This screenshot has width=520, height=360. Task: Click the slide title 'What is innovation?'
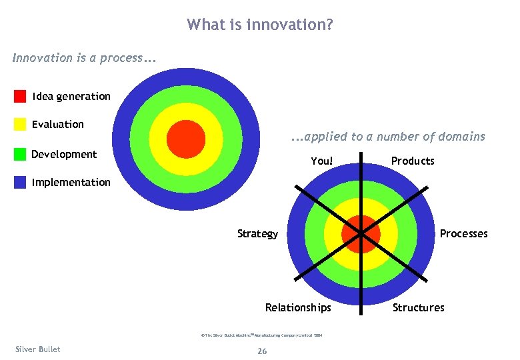(x=260, y=25)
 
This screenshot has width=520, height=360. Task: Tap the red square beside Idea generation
(x=20, y=96)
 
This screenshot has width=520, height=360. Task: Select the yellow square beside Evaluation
(x=20, y=125)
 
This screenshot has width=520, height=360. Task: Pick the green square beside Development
(x=20, y=155)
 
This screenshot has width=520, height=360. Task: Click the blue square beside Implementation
(x=20, y=182)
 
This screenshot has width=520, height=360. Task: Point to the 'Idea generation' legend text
(x=71, y=96)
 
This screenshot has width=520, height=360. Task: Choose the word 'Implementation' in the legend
(x=71, y=182)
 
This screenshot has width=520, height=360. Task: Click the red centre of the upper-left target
(x=185, y=139)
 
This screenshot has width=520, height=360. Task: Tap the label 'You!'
(x=321, y=161)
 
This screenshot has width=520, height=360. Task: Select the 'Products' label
(x=413, y=161)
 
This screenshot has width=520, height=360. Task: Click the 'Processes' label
(x=463, y=233)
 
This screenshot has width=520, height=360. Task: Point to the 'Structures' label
(x=418, y=307)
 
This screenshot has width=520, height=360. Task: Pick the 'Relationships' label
(x=298, y=307)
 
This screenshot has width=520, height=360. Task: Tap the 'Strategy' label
(x=258, y=233)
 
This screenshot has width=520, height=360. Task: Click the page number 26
(x=261, y=351)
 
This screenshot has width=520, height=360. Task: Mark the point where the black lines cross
(x=361, y=234)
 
